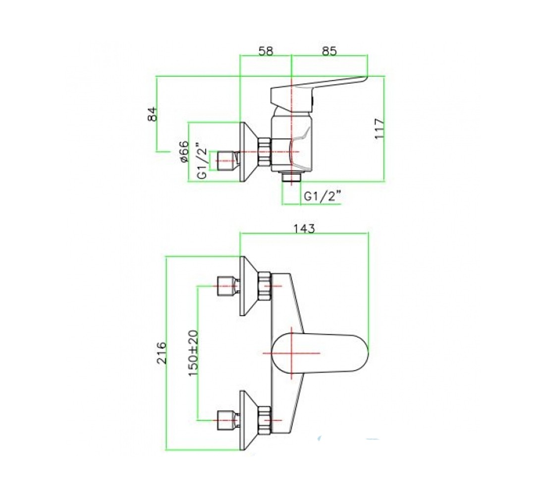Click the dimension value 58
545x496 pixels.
pyautogui.click(x=266, y=51)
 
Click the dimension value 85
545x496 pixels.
pyautogui.click(x=329, y=51)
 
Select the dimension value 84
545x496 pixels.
pyautogui.click(x=153, y=114)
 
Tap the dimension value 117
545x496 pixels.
pyautogui.click(x=380, y=128)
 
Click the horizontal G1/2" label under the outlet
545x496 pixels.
pyautogui.click(x=322, y=196)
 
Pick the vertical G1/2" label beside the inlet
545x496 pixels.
pyautogui.click(x=202, y=161)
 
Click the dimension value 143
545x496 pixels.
pyautogui.click(x=304, y=229)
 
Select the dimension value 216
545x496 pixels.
pyautogui.click(x=162, y=353)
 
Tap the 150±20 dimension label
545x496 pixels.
pyautogui.click(x=193, y=353)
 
